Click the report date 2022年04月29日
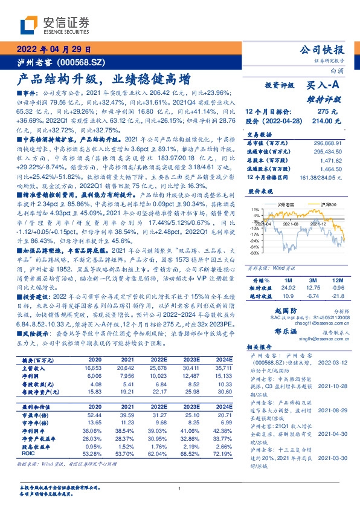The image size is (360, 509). pyautogui.click(x=54, y=50)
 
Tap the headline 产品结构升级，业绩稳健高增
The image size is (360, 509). pyautogui.click(x=103, y=79)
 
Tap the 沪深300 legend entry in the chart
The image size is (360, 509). pyautogui.click(x=312, y=206)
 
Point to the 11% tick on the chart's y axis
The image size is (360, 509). pyautogui.click(x=256, y=208)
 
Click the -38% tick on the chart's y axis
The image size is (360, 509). pyautogui.click(x=256, y=254)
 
